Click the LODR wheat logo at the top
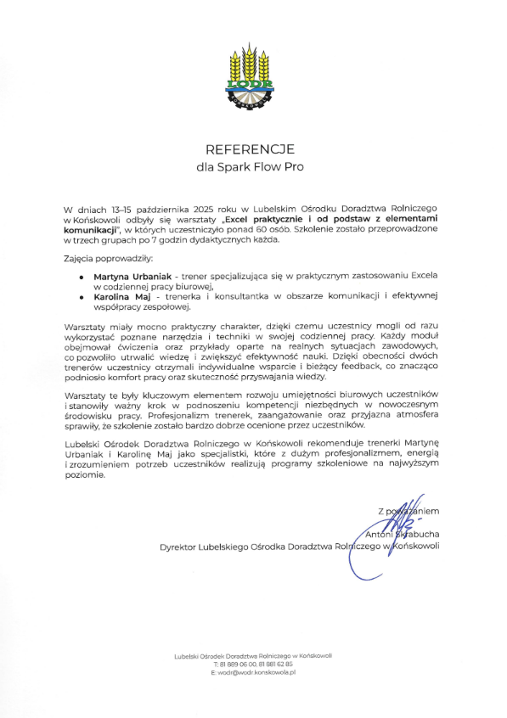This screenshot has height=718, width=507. (252, 76)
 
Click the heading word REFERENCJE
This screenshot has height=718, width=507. (252, 146)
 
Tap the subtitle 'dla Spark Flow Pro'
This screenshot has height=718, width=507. (252, 167)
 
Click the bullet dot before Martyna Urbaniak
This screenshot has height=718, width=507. (82, 278)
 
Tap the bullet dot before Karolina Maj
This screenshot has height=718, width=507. (82, 298)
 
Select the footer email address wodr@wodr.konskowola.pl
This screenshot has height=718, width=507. (252, 671)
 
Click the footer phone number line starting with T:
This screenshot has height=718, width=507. (252, 664)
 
